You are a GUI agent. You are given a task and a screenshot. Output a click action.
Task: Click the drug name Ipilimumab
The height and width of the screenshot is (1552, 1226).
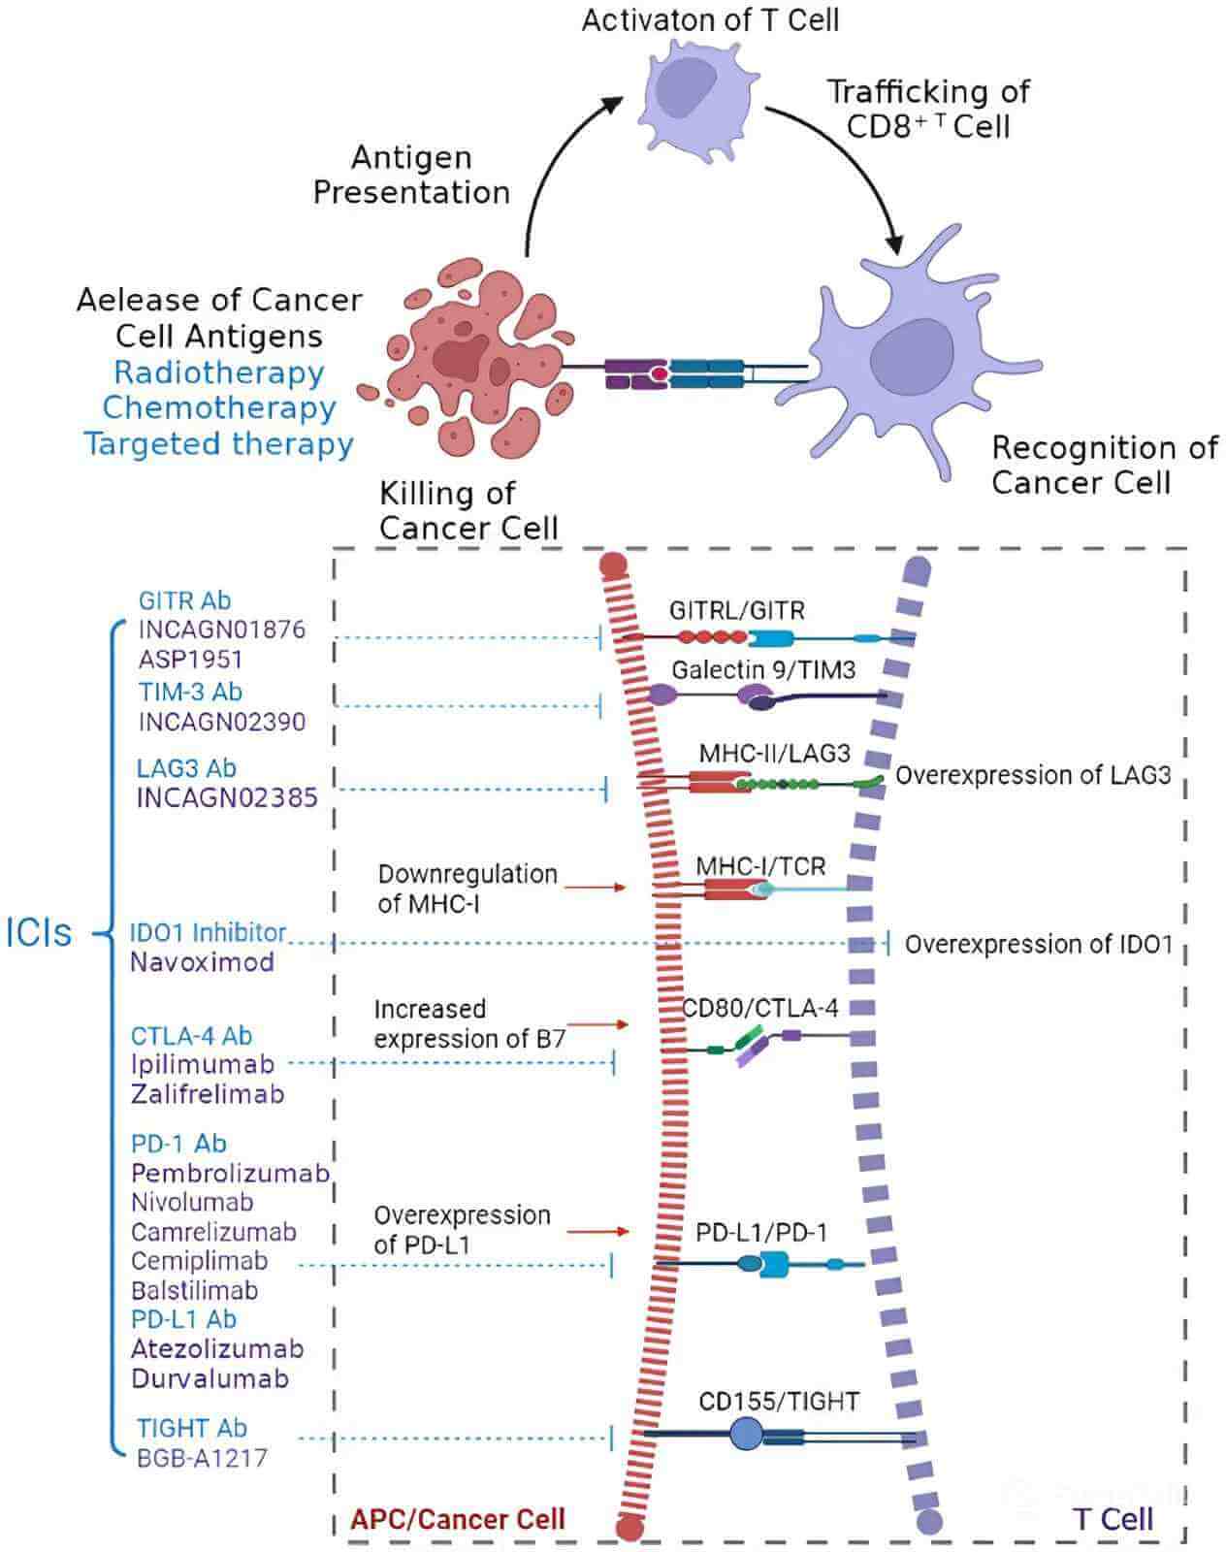click(202, 1064)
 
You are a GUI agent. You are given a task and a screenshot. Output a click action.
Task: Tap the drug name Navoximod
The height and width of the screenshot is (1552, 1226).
click(202, 962)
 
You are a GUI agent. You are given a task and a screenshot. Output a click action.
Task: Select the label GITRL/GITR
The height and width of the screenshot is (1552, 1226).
click(736, 610)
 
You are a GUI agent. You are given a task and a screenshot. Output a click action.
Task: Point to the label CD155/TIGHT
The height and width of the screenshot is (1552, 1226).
click(779, 1402)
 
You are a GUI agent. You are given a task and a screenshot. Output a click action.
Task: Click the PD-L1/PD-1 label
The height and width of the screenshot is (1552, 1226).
click(761, 1233)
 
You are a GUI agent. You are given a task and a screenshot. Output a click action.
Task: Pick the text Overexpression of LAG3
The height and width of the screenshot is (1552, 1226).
click(1032, 776)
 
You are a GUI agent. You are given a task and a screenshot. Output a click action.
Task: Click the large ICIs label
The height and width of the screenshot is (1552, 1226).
click(39, 932)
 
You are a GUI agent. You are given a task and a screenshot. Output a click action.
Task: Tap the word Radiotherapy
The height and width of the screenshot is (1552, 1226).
click(218, 372)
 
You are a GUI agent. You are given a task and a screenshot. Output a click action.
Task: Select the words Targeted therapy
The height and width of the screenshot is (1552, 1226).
click(218, 444)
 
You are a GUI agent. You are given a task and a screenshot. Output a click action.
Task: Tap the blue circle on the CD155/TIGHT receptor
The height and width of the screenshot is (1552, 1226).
click(745, 1434)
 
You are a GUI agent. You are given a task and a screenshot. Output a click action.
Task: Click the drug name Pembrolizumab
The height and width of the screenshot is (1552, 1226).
click(230, 1174)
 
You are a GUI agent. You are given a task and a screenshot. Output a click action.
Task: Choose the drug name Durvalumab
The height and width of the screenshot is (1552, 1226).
click(210, 1378)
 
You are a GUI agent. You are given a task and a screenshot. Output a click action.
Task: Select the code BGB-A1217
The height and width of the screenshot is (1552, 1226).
click(201, 1458)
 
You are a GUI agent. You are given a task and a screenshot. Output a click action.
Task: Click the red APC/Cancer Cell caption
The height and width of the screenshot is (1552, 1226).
click(457, 1519)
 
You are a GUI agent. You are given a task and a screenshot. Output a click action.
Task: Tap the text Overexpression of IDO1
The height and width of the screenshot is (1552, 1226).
click(1038, 945)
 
